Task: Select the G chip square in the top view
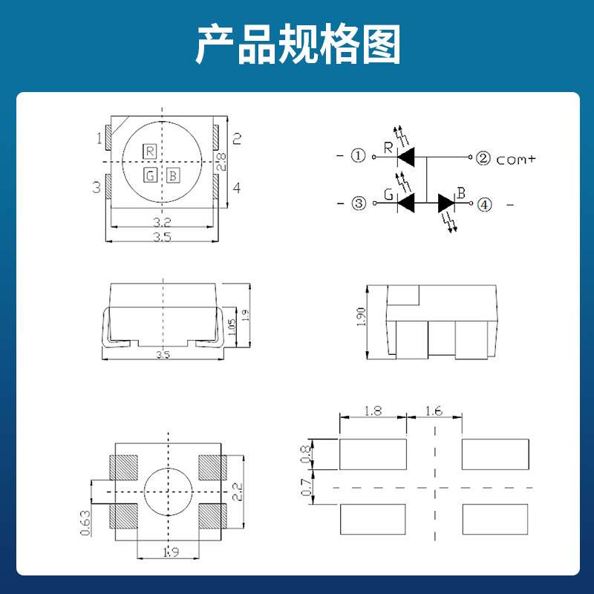click(x=150, y=176)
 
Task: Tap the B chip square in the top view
click(x=172, y=176)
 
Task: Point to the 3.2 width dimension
click(x=163, y=222)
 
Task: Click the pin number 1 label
click(x=98, y=138)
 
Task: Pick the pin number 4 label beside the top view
click(x=237, y=188)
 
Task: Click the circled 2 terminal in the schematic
click(x=483, y=157)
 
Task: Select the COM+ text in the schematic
click(x=515, y=159)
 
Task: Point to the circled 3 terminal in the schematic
click(x=359, y=203)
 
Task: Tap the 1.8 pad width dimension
click(x=373, y=410)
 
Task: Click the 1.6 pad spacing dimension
click(x=435, y=410)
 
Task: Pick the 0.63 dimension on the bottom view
click(x=85, y=520)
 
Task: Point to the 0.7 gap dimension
click(x=304, y=487)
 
